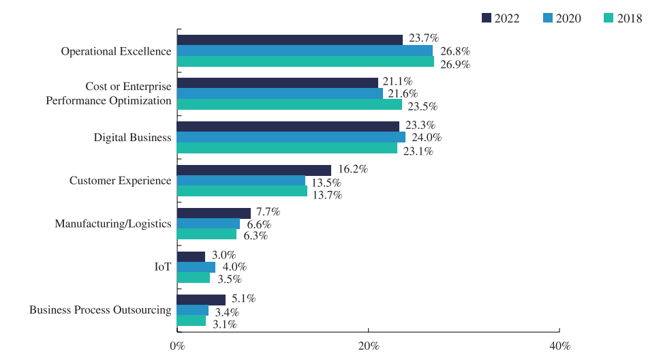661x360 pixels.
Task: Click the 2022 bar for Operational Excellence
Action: click(x=290, y=40)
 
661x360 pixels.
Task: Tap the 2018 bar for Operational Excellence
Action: click(x=305, y=62)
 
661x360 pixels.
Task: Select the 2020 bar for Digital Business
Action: click(x=291, y=137)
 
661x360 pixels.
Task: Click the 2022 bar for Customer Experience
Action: click(x=254, y=170)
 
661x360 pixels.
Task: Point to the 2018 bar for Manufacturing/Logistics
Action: click(x=207, y=235)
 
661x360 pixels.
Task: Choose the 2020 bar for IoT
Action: click(x=196, y=267)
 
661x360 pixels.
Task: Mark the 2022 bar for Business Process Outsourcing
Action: click(x=201, y=300)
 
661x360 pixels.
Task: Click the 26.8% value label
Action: click(x=456, y=51)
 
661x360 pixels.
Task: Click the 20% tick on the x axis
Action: click(x=368, y=346)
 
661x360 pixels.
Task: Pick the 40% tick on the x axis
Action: click(x=559, y=346)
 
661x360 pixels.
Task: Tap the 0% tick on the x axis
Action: click(x=177, y=346)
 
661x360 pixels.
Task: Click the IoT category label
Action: click(x=162, y=267)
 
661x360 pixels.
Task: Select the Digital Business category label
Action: click(x=132, y=138)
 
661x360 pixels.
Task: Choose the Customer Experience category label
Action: click(x=120, y=181)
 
